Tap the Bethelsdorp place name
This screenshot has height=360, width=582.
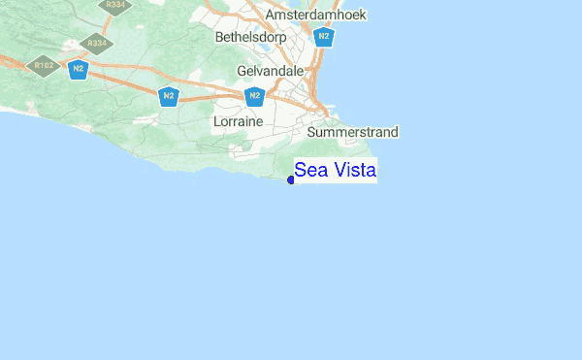click(x=253, y=38)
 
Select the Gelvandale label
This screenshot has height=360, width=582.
click(x=271, y=71)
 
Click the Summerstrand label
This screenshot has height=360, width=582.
click(x=352, y=132)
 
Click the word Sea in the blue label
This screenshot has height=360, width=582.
click(x=311, y=171)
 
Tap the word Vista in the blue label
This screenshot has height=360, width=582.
click(x=354, y=171)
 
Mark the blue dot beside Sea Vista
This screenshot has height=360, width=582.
click(x=291, y=180)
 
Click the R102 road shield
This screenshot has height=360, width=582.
click(x=44, y=66)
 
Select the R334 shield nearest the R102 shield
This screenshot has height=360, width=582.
click(x=96, y=44)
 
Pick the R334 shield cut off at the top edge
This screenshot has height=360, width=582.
click(x=115, y=5)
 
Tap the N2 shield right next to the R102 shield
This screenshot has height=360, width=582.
click(x=78, y=68)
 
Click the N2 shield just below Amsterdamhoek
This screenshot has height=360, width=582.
click(x=324, y=37)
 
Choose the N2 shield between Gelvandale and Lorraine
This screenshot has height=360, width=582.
click(x=254, y=95)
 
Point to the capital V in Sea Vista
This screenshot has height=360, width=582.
click(x=337, y=171)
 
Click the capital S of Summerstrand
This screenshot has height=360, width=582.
click(x=311, y=132)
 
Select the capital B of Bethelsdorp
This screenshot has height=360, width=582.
click(x=220, y=38)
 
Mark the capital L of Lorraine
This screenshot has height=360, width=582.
click(x=216, y=122)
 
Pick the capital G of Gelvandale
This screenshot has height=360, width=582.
click(x=242, y=71)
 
